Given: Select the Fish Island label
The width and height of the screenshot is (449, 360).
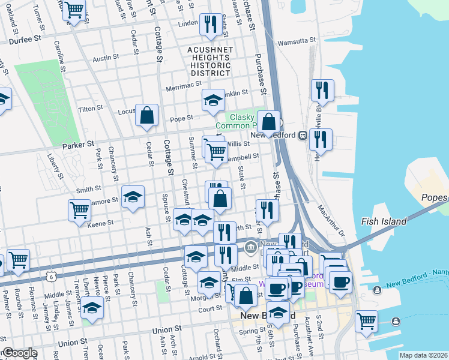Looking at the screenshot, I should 384,221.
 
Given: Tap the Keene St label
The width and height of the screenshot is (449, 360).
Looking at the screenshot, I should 100,223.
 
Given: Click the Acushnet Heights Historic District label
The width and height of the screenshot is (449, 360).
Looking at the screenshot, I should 209,62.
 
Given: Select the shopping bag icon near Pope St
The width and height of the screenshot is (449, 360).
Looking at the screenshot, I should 146,115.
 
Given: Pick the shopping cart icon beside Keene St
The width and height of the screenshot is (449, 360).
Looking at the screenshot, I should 79,211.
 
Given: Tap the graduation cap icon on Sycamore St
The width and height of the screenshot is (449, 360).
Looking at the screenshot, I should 133,197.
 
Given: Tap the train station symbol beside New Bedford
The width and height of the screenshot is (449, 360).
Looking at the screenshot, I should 303,136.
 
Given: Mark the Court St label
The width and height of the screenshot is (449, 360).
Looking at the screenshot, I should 211,309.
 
